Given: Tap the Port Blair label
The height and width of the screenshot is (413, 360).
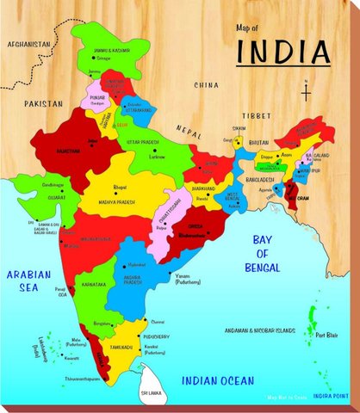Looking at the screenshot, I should pyautogui.click(x=326, y=335).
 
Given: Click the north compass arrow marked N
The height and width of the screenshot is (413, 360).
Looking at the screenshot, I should pyautogui.click(x=305, y=89).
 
